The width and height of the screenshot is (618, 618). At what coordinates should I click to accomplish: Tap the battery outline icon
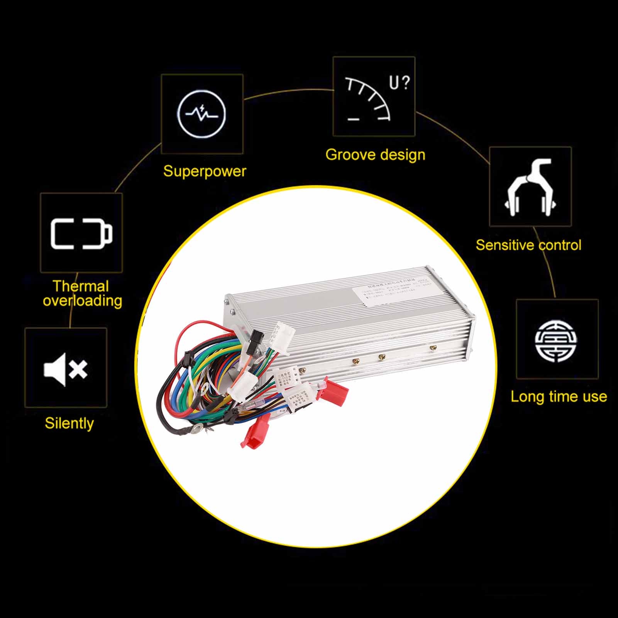[81, 233]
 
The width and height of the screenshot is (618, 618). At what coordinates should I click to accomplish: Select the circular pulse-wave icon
[202, 114]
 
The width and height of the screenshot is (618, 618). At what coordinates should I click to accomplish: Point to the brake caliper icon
[530, 187]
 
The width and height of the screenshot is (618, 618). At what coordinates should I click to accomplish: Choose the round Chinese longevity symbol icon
[557, 339]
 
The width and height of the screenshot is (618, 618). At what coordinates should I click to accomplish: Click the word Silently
[69, 423]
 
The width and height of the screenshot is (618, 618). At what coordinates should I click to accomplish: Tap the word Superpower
[204, 171]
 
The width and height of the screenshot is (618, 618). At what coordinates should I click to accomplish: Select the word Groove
[350, 155]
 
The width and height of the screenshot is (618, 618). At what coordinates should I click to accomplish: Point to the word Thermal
[81, 286]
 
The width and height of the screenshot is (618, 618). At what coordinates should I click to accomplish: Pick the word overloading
[82, 301]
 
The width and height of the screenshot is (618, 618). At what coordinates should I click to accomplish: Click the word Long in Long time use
[525, 397]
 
